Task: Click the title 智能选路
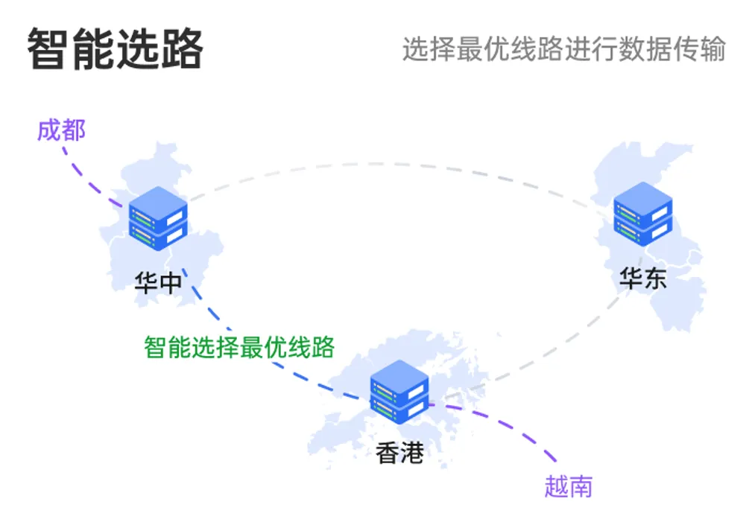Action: pos(116,49)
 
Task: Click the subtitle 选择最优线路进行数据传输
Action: pos(563,49)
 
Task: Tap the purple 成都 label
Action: pos(61,130)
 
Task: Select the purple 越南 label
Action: pos(569,486)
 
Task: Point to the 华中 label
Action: pos(157,282)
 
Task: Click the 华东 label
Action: pos(642,278)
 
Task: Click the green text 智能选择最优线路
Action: pos(238,347)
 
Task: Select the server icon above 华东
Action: pos(642,213)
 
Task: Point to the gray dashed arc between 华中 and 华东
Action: pos(395,165)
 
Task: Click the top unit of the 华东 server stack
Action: pos(642,203)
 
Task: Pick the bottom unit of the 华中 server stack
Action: pos(157,232)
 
